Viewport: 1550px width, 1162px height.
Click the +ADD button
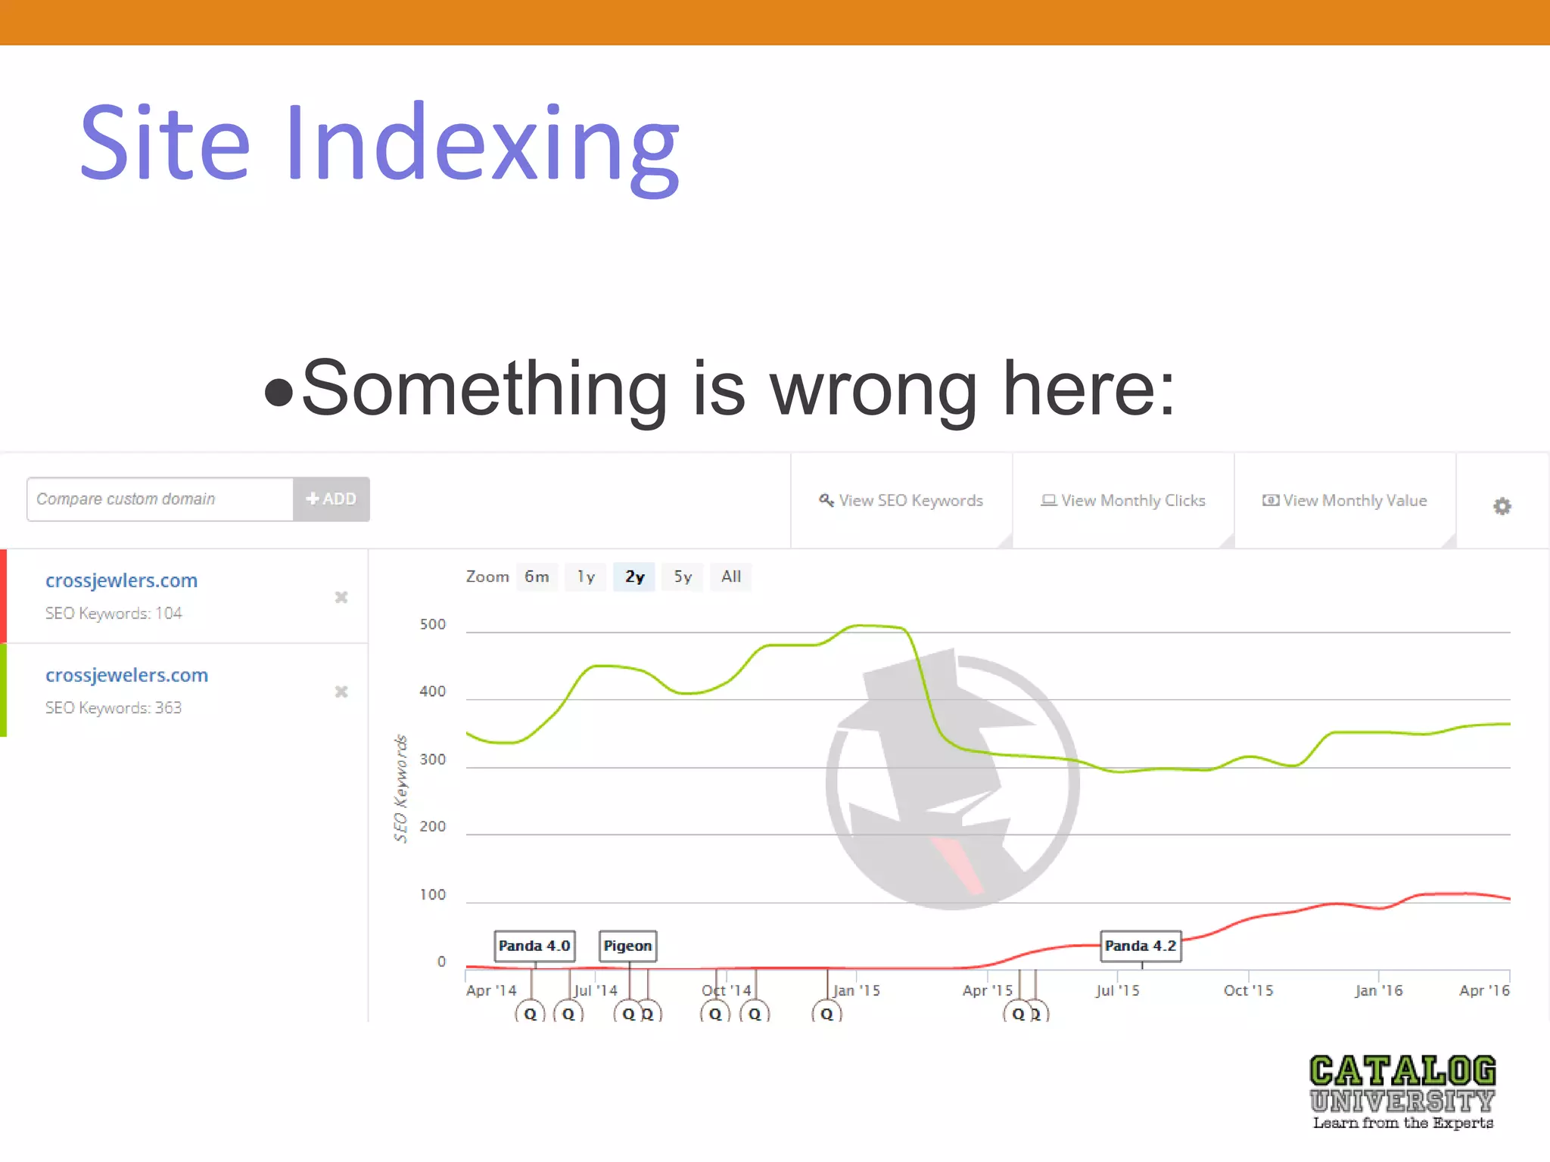(x=331, y=499)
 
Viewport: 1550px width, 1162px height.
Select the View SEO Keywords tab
(x=901, y=501)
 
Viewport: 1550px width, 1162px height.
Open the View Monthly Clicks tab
(x=1123, y=501)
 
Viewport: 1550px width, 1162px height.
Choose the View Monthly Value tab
(x=1345, y=501)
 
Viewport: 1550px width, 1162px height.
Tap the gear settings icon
(x=1502, y=506)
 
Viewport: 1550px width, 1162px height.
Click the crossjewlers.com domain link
(x=121, y=581)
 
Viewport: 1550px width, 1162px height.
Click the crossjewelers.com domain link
(x=126, y=676)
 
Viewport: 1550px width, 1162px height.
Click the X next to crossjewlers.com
(x=341, y=598)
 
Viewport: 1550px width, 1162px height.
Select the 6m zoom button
(x=537, y=577)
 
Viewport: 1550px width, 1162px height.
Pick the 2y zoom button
(x=634, y=577)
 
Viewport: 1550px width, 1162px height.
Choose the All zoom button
(x=730, y=577)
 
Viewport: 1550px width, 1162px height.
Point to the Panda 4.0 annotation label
(x=534, y=946)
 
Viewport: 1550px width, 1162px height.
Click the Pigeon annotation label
(x=627, y=946)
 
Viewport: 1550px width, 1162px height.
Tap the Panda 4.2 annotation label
(x=1141, y=946)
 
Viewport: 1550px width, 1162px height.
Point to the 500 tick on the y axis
(x=433, y=625)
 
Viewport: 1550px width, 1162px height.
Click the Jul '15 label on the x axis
(x=1117, y=991)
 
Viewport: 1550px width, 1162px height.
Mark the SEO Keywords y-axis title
(x=400, y=788)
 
